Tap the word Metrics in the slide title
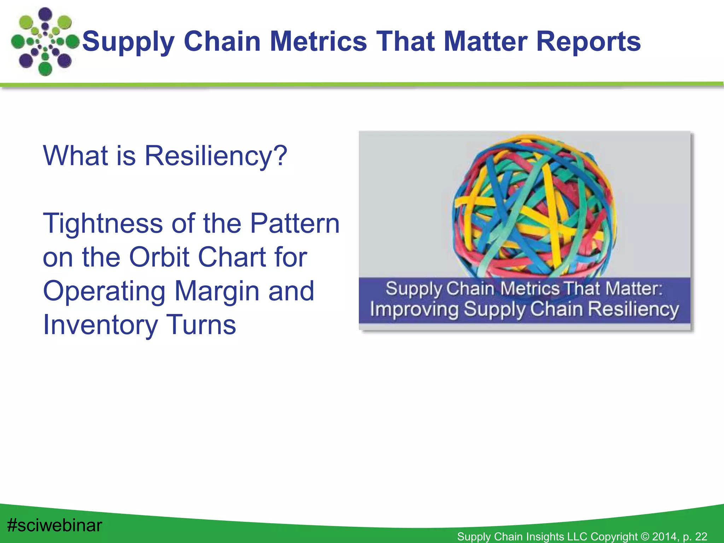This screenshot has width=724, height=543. click(318, 41)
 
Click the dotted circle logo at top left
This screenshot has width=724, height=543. click(45, 42)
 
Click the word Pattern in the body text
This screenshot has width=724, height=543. click(295, 223)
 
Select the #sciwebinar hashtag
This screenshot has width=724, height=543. click(54, 525)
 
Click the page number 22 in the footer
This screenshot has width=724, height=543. click(701, 537)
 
